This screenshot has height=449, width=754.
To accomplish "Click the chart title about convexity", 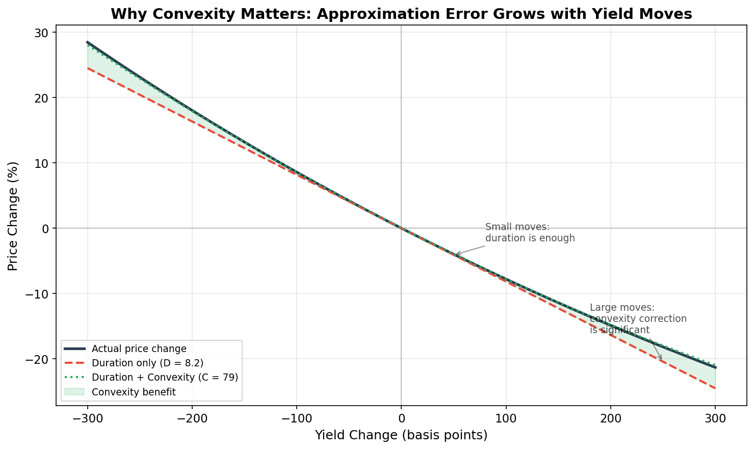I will [x=401, y=14].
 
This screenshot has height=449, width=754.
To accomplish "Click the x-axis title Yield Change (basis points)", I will [x=401, y=435].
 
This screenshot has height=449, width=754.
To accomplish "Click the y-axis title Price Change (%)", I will [x=13, y=216].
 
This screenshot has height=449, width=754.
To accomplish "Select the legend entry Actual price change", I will [x=139, y=349].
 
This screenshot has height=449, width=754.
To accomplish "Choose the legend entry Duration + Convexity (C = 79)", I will [x=165, y=378].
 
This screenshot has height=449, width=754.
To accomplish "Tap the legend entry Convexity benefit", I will [x=134, y=392].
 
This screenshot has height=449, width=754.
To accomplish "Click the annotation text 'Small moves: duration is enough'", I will [x=530, y=233].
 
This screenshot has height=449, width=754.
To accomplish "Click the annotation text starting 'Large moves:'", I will [x=638, y=319].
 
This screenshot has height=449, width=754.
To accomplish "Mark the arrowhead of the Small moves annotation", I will [x=455, y=255].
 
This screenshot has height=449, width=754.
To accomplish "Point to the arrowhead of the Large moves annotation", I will [x=662, y=360].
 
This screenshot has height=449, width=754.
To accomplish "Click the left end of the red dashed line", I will [x=88, y=68].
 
